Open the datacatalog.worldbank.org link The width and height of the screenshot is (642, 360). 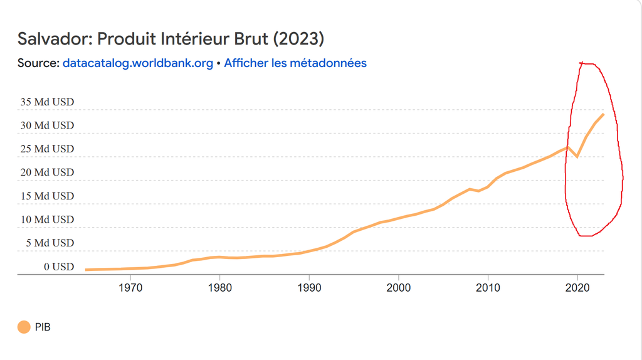[138, 63]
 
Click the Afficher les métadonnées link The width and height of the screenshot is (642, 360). [295, 63]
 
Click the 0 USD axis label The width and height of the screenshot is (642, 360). [59, 267]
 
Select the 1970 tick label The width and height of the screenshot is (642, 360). [130, 288]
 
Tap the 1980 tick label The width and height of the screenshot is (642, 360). [220, 288]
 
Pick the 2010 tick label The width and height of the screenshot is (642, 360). [488, 288]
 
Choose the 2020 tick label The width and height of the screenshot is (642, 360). [577, 288]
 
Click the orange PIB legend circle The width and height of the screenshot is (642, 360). [24, 327]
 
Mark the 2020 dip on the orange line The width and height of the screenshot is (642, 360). [577, 156]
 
